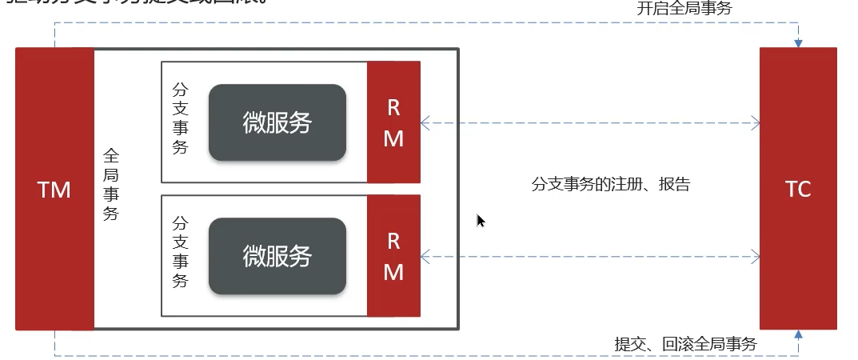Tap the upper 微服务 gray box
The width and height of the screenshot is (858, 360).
277,122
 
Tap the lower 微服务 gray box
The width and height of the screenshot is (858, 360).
277,256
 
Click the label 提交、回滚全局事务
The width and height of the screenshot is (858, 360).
685,344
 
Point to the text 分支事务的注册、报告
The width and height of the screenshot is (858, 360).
610,185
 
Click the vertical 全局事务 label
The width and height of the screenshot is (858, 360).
111,185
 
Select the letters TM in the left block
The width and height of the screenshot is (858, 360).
54,190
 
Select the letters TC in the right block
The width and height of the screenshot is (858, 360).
798,190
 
